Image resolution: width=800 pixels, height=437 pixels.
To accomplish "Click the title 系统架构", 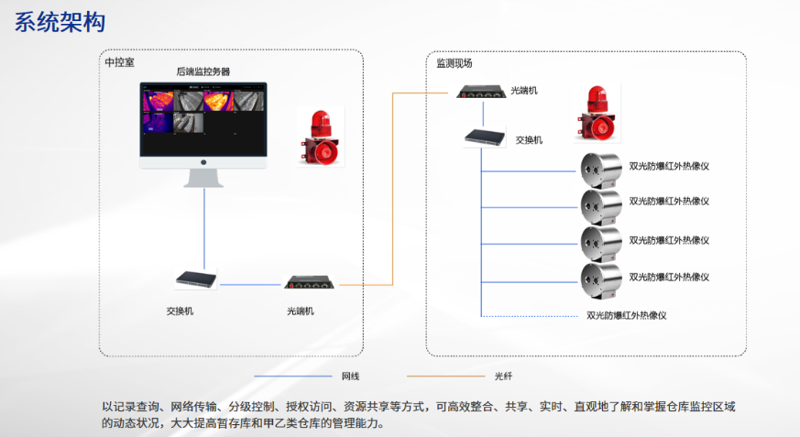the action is coord(60,22).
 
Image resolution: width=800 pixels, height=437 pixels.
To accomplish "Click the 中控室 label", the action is coord(119,62).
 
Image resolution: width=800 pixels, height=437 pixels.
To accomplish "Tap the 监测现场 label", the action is coord(455,63).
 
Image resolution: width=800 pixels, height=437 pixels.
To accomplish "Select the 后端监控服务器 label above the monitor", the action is coord(203,71).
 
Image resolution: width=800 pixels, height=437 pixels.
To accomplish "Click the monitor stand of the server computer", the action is coord(203,178).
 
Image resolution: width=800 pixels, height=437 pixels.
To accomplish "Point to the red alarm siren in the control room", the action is coord(321,137).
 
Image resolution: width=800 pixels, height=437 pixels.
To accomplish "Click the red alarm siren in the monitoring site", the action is coord(597,113).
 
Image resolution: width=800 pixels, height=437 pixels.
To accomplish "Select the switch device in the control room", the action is coord(196,279).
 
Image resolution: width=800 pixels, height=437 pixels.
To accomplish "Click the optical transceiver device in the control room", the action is coord(309,282).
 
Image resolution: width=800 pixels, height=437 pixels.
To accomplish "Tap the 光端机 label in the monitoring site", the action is coord(524,91).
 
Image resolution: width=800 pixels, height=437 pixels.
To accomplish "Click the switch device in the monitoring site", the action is coord(485,137).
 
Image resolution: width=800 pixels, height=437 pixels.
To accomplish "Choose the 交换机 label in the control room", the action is coord(180,311).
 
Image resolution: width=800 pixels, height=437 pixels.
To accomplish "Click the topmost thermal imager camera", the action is coord(601,170).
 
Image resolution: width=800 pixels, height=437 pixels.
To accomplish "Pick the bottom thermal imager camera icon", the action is coord(601,281).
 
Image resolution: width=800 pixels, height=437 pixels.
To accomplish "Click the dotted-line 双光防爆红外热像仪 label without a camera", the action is coord(627,316).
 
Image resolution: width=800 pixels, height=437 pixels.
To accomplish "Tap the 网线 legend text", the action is coord(350,377).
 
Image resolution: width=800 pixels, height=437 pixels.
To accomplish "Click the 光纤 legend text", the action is coord(503,377).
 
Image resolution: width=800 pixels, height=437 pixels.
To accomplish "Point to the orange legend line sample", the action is coord(445,377).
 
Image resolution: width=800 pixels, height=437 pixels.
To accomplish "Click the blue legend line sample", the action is coord(293,377).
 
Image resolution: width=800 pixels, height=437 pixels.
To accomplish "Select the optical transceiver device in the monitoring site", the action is coord(481,93).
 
